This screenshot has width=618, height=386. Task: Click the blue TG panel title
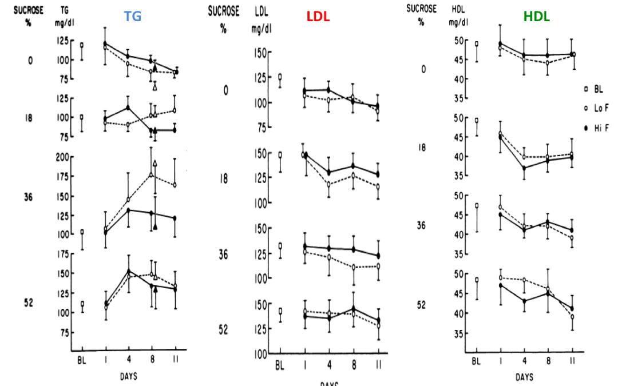click(x=133, y=17)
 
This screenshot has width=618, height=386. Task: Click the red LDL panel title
click(x=318, y=16)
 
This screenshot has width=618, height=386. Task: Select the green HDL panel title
click(x=536, y=17)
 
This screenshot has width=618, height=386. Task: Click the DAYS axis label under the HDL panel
click(x=524, y=377)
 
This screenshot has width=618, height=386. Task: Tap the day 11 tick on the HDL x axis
click(x=573, y=361)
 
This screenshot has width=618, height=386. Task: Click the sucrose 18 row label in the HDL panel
click(x=421, y=148)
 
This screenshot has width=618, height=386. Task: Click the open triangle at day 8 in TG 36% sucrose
click(x=154, y=164)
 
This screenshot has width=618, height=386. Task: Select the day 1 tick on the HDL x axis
click(x=500, y=361)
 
